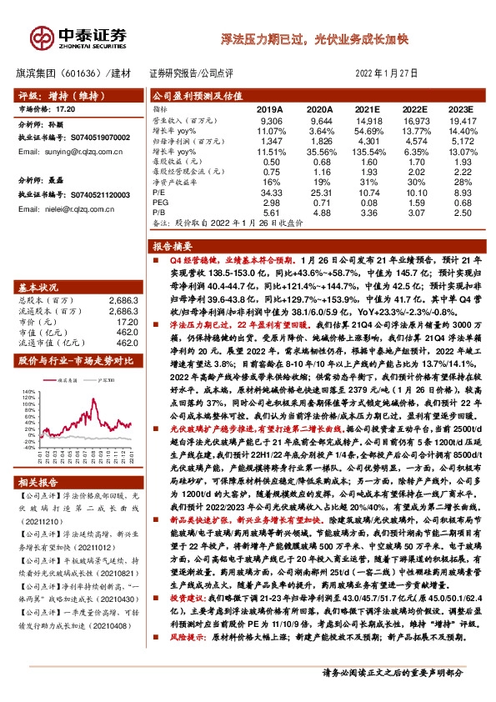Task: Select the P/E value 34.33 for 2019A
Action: [272, 192]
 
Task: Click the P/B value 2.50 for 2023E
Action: [462, 213]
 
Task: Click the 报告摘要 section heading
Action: [173, 247]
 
